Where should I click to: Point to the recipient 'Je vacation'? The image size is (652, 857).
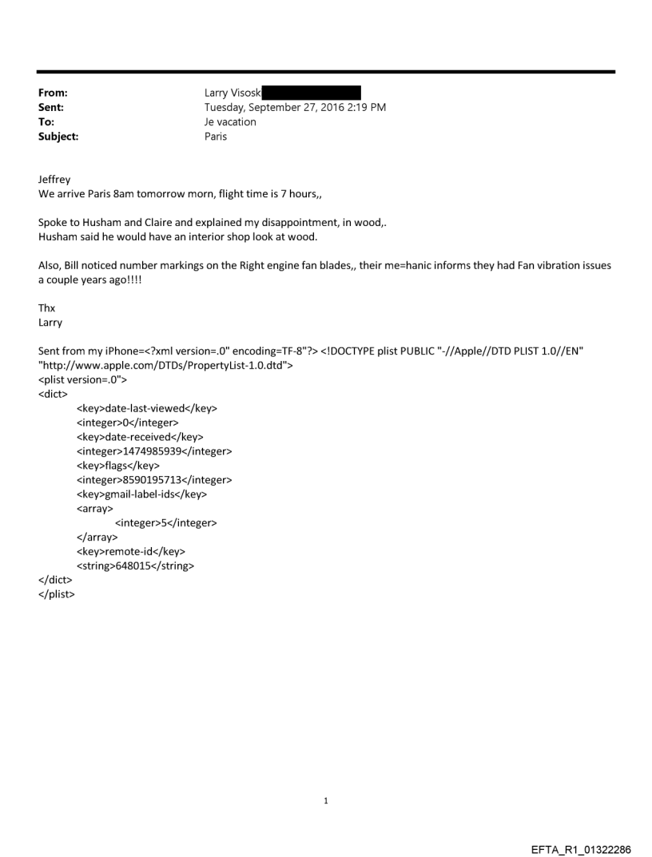[x=230, y=122]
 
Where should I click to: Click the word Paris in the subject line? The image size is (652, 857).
[x=216, y=137]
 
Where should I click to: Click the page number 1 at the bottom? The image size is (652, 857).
[x=326, y=800]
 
